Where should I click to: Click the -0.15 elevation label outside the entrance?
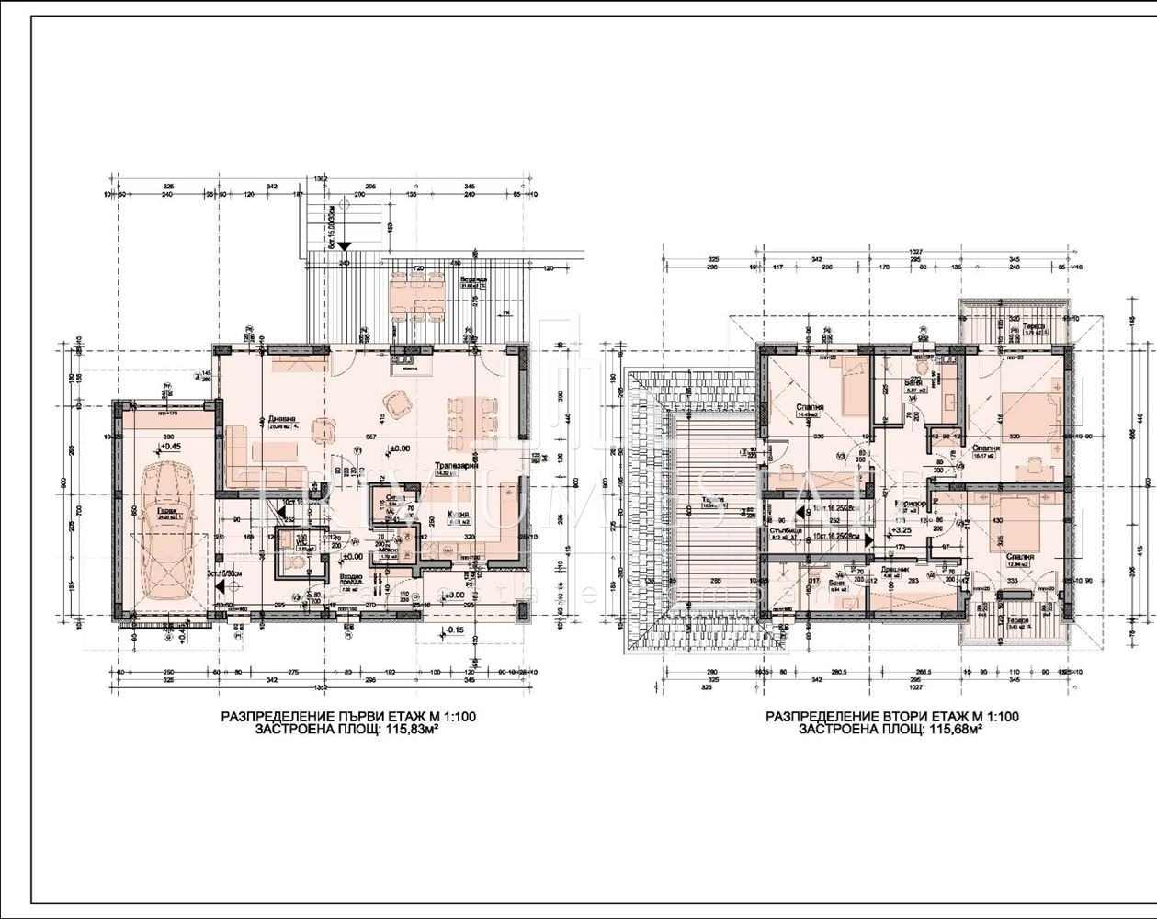[x=458, y=630]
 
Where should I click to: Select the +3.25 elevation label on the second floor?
[x=902, y=529]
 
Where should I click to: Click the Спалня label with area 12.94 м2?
[x=1020, y=556]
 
